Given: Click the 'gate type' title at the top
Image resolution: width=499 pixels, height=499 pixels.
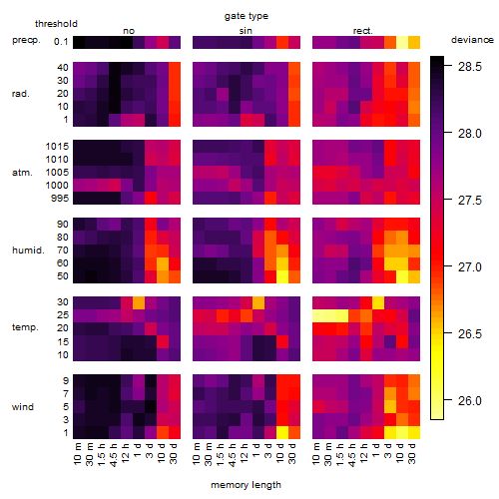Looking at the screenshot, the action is click(x=247, y=17).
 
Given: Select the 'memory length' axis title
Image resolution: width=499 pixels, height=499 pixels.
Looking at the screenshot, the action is click(x=246, y=485).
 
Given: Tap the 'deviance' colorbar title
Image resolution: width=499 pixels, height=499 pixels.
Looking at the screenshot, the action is click(x=472, y=40).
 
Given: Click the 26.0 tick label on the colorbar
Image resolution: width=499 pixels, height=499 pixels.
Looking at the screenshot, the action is click(x=470, y=401).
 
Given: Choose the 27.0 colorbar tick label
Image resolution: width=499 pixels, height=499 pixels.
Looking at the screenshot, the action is click(x=470, y=267).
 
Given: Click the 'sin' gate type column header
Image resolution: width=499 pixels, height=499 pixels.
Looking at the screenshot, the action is click(x=246, y=31).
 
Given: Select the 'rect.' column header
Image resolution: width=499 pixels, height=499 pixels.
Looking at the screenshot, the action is click(x=363, y=31).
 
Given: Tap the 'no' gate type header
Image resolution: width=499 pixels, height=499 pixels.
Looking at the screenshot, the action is click(x=129, y=31).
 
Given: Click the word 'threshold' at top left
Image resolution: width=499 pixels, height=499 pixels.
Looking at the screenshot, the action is click(x=56, y=24).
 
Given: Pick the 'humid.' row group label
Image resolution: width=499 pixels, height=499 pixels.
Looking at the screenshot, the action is click(x=28, y=250).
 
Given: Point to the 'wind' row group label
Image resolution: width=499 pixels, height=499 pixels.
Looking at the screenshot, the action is click(x=23, y=407).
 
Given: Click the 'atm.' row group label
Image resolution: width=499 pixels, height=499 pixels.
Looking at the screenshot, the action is click(x=22, y=173).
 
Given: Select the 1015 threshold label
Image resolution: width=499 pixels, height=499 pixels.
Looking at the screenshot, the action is click(x=57, y=147).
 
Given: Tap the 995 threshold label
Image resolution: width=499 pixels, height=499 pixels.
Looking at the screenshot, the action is click(x=60, y=199).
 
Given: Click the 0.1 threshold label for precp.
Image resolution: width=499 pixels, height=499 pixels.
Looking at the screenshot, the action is click(x=61, y=42).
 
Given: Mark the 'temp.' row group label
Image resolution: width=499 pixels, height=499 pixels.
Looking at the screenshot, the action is click(x=25, y=327).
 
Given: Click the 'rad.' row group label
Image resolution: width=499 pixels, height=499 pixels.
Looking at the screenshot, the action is click(x=21, y=94).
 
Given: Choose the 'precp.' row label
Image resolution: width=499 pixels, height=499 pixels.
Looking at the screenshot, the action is click(x=26, y=41).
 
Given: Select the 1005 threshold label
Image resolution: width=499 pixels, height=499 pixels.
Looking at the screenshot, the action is click(x=57, y=173).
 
